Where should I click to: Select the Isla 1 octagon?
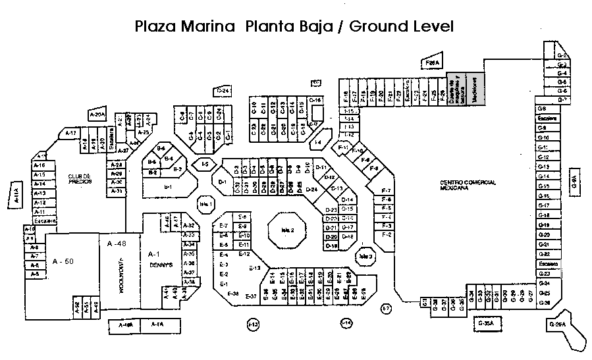pyautogui.click(x=206, y=204)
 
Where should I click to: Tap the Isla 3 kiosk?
pyautogui.click(x=366, y=256)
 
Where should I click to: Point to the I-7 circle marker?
pyautogui.click(x=387, y=308)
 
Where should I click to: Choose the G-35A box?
pyautogui.click(x=485, y=324)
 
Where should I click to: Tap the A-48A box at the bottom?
pyautogui.click(x=125, y=325)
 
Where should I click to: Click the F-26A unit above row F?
pyautogui.click(x=432, y=62)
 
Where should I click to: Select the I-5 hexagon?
pyautogui.click(x=205, y=163)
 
